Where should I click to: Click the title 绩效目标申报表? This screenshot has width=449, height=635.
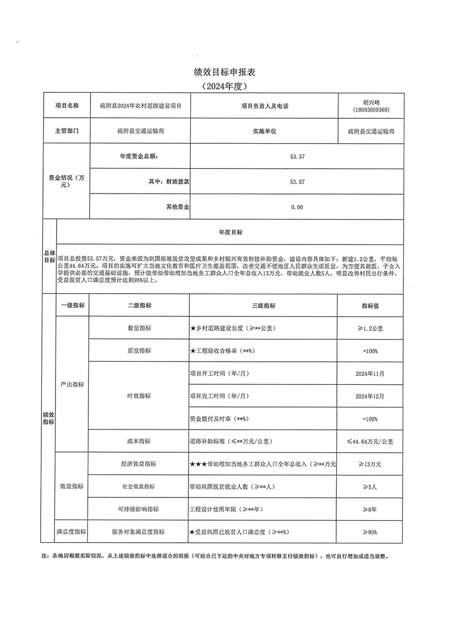pyautogui.click(x=224, y=72)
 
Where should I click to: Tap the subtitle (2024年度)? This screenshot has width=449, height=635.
pyautogui.click(x=224, y=86)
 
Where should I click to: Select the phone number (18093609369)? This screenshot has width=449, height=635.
pyautogui.click(x=371, y=109)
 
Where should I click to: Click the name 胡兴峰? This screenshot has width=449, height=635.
pyautogui.click(x=371, y=102)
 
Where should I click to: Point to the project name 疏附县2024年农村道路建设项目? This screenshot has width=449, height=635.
pyautogui.click(x=140, y=106)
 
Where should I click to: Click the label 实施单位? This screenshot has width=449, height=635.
pyautogui.click(x=264, y=131)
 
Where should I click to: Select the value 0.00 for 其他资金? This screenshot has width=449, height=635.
pyautogui.click(x=297, y=207)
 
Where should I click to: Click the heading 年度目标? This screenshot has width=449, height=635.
pyautogui.click(x=230, y=232)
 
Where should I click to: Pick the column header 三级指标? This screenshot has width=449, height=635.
pyautogui.click(x=263, y=306)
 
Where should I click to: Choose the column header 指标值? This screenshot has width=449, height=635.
pyautogui.click(x=370, y=306)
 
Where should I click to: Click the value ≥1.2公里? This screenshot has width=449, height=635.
pyautogui.click(x=370, y=328)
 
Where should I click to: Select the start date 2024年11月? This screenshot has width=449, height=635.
pyautogui.click(x=370, y=374)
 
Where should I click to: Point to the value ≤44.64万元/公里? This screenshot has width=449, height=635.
pyautogui.click(x=370, y=441)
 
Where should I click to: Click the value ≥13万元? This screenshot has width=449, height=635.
pyautogui.click(x=370, y=464)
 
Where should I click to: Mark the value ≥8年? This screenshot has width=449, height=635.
pyautogui.click(x=370, y=509)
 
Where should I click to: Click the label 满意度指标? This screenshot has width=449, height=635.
pyautogui.click(x=71, y=532)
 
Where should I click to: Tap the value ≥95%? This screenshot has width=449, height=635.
pyautogui.click(x=370, y=532)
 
